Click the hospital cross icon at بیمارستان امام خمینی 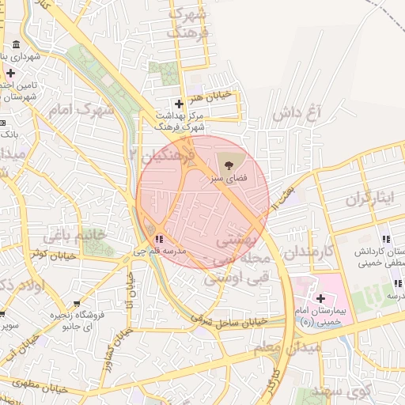pos(321,297)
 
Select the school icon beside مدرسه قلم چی pos(160,238)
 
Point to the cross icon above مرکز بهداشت pos(179,104)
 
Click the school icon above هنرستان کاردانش pos(385,239)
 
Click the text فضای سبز pos(229,179)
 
